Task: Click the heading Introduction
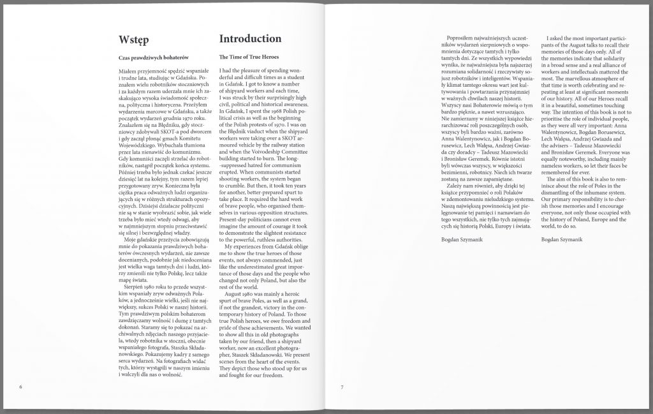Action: point(250,39)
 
